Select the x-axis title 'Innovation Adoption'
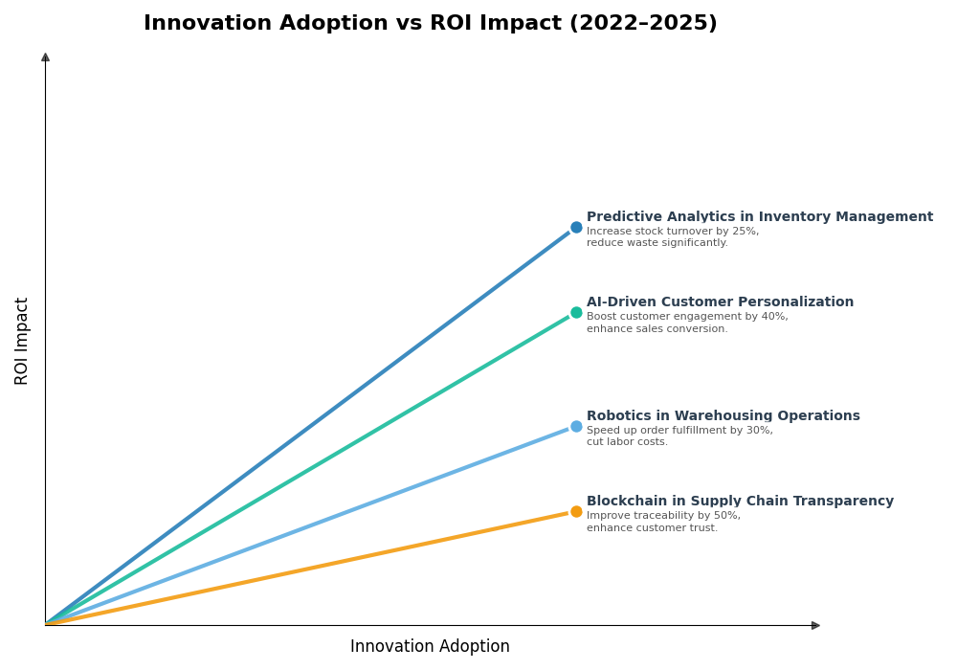click(430, 647)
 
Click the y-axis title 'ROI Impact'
click(22, 341)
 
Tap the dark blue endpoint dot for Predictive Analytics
click(576, 228)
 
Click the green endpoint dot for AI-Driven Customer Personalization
click(576, 313)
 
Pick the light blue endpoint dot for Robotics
click(576, 427)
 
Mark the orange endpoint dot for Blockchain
click(576, 512)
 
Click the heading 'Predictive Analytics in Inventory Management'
click(759, 217)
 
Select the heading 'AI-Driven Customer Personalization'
click(720, 302)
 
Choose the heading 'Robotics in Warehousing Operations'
click(723, 416)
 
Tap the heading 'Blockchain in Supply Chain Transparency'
click(740, 502)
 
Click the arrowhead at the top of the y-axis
click(45, 57)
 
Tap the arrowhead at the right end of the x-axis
click(815, 625)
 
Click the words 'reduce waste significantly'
click(657, 243)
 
